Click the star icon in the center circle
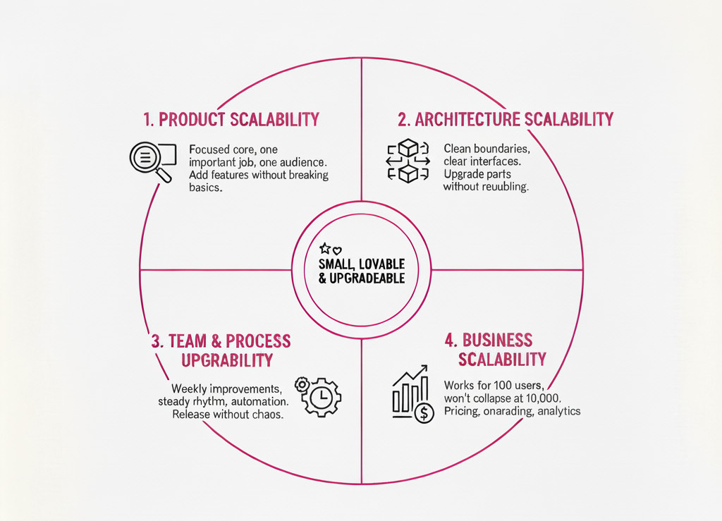point(324,248)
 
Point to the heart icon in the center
point(336,250)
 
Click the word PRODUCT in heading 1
point(192,119)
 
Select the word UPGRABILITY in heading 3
point(226,360)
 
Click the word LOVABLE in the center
point(381,264)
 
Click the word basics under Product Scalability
point(206,188)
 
